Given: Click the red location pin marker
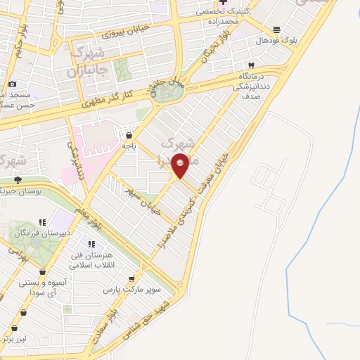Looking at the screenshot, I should (181, 165).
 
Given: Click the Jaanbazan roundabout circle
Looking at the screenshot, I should (167, 92).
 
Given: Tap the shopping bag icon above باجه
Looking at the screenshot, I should (128, 134).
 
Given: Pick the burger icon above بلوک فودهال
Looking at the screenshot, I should (276, 30).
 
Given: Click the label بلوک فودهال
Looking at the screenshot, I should (276, 41).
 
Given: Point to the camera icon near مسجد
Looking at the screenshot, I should (11, 83).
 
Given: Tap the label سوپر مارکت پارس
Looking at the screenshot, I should (132, 290).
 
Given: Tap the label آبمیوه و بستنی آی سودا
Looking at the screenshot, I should (44, 287).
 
